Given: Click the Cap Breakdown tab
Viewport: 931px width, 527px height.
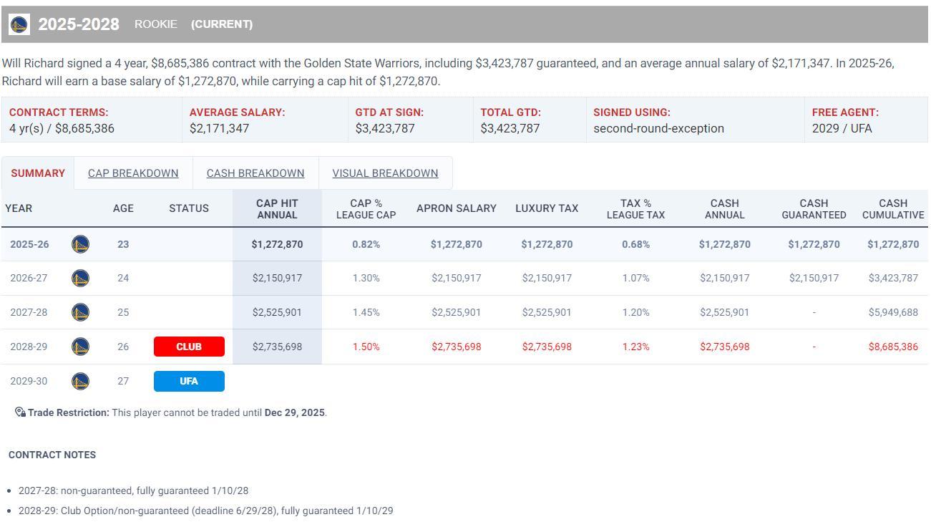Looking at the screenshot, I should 133,173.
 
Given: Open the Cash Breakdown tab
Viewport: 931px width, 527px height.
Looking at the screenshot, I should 255,173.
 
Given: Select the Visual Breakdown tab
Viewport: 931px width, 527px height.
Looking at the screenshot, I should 385,173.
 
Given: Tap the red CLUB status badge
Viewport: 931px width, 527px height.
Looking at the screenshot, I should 189,347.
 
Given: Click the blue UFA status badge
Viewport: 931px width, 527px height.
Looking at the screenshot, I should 189,381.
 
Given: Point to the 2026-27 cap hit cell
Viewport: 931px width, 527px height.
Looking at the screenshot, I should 277,278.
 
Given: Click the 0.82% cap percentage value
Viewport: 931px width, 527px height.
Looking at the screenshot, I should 366,244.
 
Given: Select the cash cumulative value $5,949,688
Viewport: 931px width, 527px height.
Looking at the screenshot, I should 893,312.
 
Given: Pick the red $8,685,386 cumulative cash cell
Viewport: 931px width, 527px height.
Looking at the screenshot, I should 893,347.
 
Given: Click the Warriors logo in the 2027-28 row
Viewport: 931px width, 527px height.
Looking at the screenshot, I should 81,312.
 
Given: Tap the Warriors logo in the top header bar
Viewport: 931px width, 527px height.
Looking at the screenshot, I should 19,24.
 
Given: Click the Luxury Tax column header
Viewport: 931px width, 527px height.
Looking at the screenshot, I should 547,208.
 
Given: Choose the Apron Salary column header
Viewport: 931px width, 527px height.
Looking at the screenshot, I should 457,208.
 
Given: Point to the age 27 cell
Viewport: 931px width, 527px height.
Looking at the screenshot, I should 123,381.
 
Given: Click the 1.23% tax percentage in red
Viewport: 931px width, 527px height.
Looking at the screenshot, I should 635,347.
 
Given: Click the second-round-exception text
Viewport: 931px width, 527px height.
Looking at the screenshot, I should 658,129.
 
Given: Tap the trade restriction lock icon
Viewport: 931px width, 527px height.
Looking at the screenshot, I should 20,412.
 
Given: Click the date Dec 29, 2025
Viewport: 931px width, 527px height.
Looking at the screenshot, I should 294,412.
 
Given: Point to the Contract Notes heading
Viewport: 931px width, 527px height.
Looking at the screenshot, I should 52,455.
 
